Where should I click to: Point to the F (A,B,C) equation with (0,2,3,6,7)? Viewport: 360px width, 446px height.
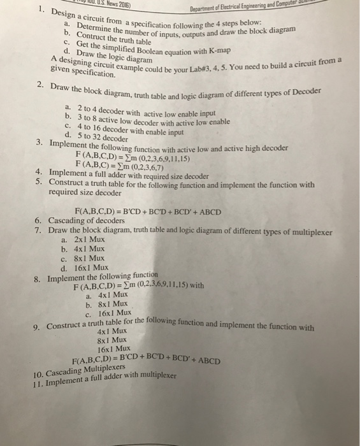(x=119, y=167)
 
